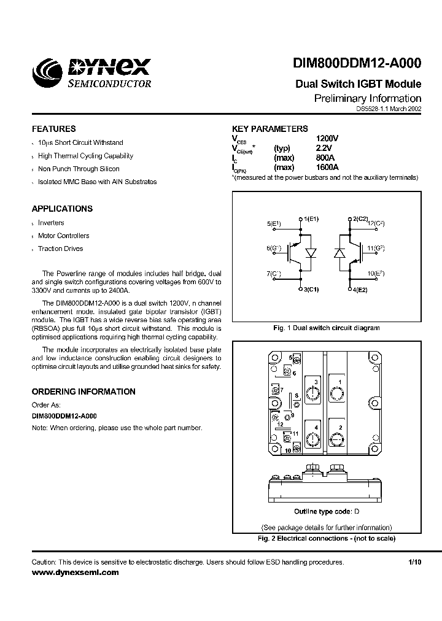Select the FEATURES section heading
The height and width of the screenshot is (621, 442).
[x=54, y=129]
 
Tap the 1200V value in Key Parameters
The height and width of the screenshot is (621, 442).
[x=327, y=139]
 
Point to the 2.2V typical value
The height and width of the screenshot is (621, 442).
[x=324, y=148]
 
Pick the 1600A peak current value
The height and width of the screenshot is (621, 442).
[x=328, y=167]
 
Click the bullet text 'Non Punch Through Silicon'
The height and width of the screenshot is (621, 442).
[x=79, y=169]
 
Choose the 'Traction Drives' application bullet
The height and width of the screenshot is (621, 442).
[x=60, y=249]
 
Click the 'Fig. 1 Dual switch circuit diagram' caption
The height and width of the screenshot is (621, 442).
[x=326, y=328]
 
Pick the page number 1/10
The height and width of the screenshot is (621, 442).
[x=414, y=562]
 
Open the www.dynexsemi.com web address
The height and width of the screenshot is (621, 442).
[x=75, y=572]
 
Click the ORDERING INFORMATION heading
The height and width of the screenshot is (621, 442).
[x=83, y=391]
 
